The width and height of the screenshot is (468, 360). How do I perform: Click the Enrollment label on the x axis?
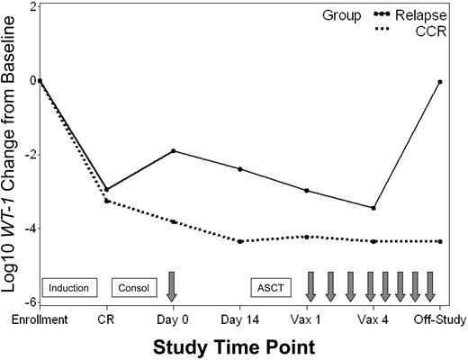(x=40, y=319)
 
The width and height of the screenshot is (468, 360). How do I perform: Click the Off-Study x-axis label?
(x=438, y=319)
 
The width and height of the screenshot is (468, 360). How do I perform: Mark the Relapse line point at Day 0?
(x=173, y=150)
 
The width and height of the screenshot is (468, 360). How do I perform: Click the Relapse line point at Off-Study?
(x=439, y=81)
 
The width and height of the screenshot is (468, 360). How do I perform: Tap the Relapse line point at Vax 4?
(x=373, y=208)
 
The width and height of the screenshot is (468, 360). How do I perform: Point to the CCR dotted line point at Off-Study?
(x=439, y=241)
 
